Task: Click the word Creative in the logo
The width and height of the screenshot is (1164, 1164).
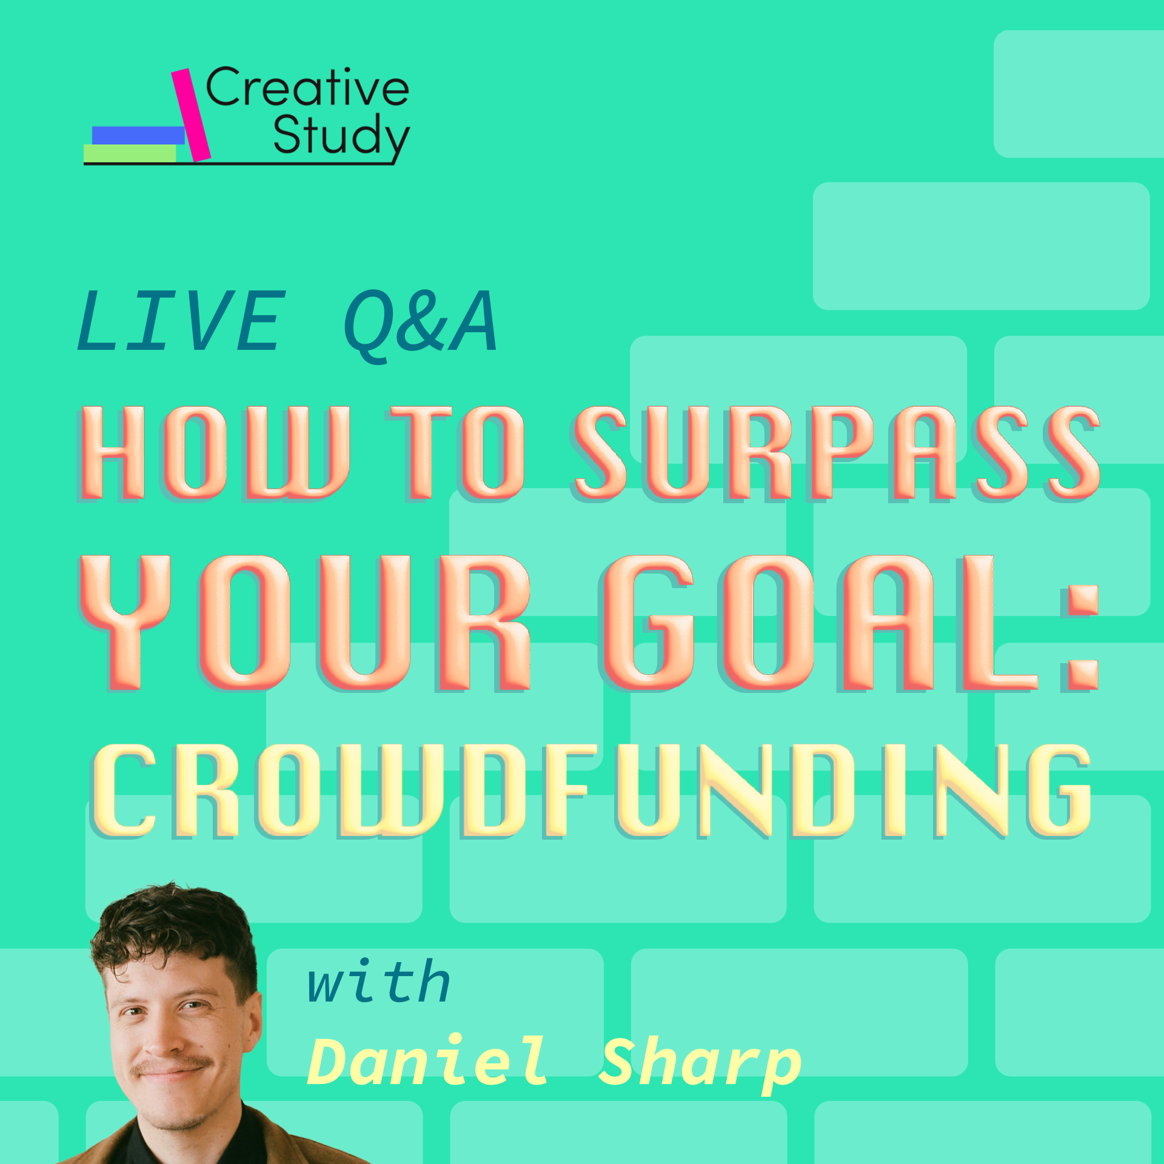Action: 307,88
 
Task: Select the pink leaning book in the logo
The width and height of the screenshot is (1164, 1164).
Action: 191,115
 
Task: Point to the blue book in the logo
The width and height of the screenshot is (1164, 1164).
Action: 138,135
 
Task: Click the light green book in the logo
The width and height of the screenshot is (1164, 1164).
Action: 130,153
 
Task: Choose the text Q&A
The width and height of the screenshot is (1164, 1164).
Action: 421,323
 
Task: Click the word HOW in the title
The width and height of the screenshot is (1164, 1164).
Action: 213,453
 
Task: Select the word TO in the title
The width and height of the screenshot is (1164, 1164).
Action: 456,453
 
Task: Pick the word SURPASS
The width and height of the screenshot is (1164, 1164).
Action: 837,453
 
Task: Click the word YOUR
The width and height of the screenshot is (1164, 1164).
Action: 306,623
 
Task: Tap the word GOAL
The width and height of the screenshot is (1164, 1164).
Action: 818,623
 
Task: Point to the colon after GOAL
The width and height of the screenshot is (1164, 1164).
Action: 1080,637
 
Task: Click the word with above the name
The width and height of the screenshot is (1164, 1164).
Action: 379,982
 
